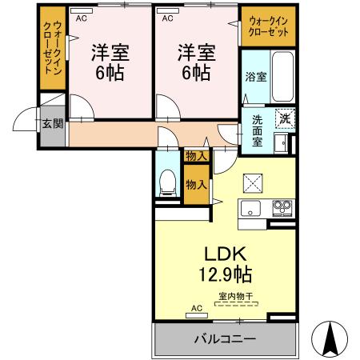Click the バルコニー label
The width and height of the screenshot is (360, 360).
(224, 339)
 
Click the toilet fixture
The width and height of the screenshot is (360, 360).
(167, 182)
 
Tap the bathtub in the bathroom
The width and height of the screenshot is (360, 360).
(283, 75)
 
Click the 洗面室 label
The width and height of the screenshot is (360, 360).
(257, 130)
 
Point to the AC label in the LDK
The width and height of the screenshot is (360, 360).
(196, 308)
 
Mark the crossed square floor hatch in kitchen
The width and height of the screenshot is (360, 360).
(254, 183)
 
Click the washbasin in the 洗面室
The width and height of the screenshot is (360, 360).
(282, 143)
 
